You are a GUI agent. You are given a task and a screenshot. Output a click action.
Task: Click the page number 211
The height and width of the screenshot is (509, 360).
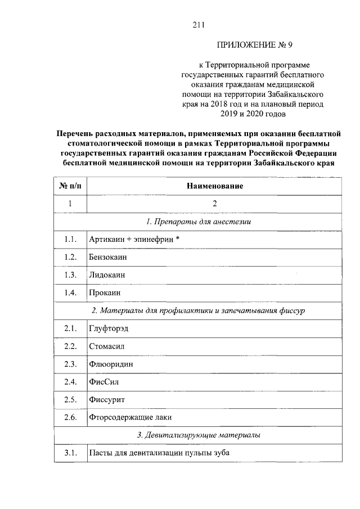coord(197,25)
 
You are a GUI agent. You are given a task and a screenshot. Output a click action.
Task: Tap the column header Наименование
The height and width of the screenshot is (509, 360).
coord(214,186)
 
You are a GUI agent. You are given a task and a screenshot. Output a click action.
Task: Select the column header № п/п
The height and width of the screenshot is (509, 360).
coord(70,186)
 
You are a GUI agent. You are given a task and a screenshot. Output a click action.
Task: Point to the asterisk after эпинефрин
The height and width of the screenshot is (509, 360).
coord(177,239)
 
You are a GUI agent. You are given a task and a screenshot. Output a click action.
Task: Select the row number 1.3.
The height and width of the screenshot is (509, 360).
coord(70,275)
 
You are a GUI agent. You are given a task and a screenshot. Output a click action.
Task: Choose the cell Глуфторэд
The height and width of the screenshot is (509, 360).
coord(109,328)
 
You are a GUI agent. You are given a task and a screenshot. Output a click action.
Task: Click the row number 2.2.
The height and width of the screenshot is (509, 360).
coord(70,346)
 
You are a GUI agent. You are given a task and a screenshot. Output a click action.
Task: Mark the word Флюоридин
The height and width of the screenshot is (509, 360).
coord(111,364)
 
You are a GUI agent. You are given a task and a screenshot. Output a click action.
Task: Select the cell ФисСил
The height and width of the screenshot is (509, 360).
coord(104,382)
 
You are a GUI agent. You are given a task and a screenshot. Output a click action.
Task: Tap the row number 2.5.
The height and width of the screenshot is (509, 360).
coord(70,399)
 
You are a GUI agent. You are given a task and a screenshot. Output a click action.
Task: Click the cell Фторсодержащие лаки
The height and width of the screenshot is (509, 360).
coord(130,417)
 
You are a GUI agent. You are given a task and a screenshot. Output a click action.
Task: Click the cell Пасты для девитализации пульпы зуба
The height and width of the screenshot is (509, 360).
coord(159,453)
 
